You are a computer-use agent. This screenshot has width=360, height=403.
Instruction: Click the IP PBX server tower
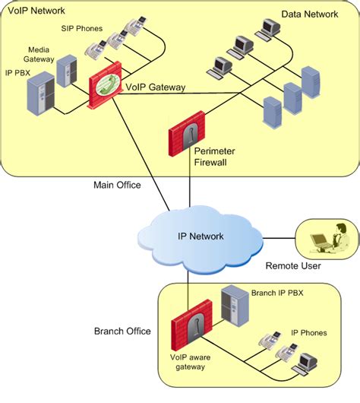pyautogui.click(x=41, y=93)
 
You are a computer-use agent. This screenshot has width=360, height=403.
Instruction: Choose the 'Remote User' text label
pyautogui.click(x=293, y=266)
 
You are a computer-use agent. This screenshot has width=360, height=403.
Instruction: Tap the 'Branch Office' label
pyautogui.click(x=122, y=332)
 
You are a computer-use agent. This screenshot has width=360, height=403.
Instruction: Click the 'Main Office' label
pyautogui.click(x=118, y=184)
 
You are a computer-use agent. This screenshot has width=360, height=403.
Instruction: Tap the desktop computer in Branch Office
pyautogui.click(x=308, y=363)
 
